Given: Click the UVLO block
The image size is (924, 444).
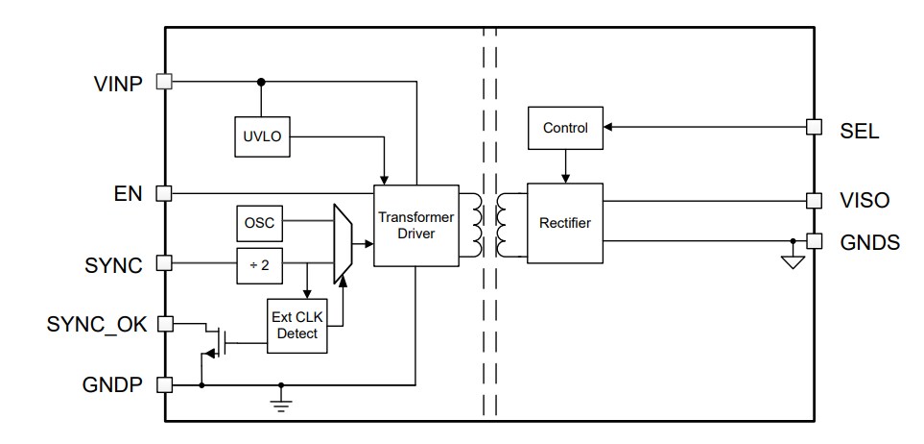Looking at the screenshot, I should tap(260, 136).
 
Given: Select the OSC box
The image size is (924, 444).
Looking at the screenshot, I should tap(260, 223).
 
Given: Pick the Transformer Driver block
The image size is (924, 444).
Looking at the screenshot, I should tap(414, 225).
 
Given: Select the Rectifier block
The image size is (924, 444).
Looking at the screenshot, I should tap(564, 223).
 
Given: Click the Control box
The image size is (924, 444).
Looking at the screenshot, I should tap(564, 128).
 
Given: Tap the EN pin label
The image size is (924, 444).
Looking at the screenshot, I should tap(128, 193).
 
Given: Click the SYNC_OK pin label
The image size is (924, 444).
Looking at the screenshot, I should tap(97, 324).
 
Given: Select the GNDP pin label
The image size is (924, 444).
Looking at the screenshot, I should tap(113, 384).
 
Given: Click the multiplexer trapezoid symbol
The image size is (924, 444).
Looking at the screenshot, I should tap(342, 243).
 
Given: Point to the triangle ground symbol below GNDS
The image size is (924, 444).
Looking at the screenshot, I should tap(792, 261).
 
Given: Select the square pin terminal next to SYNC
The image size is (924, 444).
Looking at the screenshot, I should tap(164, 261).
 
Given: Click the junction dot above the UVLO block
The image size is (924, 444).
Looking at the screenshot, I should tap(260, 83).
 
